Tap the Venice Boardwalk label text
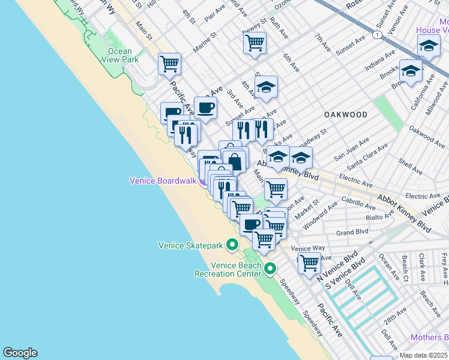tap(163, 181)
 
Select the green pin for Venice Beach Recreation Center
tap(270, 269)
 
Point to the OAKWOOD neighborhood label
tap(345, 114)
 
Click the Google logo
tap(20, 353)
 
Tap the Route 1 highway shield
tap(376, 35)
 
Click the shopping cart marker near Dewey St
tap(255, 43)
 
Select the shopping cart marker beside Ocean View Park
tap(170, 64)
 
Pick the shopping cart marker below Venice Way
tap(309, 263)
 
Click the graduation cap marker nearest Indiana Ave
tap(411, 71)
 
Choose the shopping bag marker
tap(235, 161)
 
